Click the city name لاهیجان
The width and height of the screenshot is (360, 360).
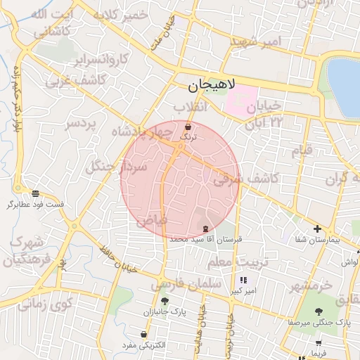214,87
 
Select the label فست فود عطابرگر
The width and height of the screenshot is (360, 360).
35,205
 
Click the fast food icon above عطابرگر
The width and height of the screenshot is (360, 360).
35,193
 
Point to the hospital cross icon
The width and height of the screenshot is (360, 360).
318,229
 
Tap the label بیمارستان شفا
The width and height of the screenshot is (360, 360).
318,240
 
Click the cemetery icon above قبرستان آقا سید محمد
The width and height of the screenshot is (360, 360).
205,228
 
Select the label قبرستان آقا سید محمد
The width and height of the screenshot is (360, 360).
205,239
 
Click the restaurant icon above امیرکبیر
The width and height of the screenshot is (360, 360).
243,280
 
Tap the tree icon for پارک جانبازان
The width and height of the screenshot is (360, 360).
165,301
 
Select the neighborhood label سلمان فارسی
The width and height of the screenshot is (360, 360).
186,283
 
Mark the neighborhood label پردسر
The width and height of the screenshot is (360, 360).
80,124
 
